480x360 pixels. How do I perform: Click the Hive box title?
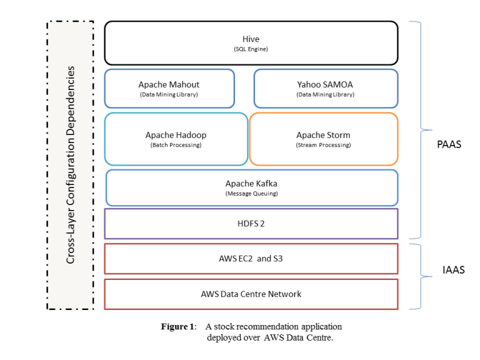251,39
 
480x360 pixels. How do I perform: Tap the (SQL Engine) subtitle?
251,49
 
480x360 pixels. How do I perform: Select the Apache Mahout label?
169,84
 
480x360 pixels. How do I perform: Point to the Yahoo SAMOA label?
325,84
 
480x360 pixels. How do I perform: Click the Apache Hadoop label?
176,135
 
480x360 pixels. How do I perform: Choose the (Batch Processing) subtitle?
176,145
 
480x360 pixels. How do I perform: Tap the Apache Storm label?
323,135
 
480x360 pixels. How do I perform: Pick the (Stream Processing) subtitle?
323,145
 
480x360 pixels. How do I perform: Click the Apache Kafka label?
251,183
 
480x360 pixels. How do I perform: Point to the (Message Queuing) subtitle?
251,193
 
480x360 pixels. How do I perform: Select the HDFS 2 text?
251,224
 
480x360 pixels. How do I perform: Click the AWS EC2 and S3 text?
251,258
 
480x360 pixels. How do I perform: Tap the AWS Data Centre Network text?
251,294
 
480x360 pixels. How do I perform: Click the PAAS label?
449,144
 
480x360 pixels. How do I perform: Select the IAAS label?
449,271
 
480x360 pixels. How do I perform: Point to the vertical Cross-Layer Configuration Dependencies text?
71,164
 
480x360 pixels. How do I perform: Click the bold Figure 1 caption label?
178,326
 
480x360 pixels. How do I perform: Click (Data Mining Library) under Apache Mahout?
169,94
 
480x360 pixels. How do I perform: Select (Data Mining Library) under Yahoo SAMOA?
325,94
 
